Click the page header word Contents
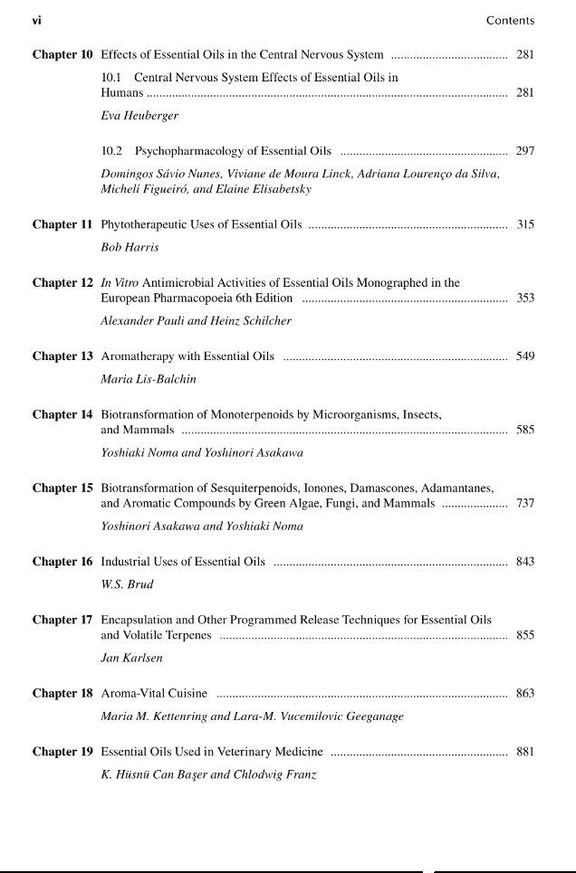click(x=510, y=21)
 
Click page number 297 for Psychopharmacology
click(x=525, y=151)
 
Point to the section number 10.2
click(x=112, y=151)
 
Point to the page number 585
click(x=525, y=430)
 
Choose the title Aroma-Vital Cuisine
click(x=154, y=694)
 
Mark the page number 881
click(x=525, y=752)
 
